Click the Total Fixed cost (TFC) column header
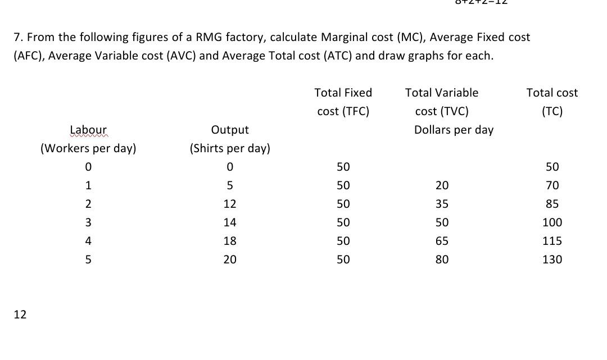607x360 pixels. tap(343, 102)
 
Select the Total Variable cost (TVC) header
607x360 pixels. tap(442, 102)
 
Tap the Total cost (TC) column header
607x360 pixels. tap(552, 102)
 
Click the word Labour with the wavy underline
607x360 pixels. tap(88, 130)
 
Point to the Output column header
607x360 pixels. tap(230, 130)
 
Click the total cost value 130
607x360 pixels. tap(552, 259)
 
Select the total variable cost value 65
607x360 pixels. tap(442, 241)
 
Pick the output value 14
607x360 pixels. tap(230, 222)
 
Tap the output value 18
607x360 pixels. tap(230, 241)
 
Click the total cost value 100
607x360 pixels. tap(552, 222)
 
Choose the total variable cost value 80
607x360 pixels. tap(442, 259)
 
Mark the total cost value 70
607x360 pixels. tap(552, 185)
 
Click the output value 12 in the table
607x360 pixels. tap(230, 204)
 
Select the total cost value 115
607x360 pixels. tap(552, 241)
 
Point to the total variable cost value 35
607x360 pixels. tap(442, 204)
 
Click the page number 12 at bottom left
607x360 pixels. tap(20, 315)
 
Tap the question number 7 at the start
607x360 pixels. tap(17, 38)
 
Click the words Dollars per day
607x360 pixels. tap(454, 130)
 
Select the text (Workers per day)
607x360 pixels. tap(88, 148)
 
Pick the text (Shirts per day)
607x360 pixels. tap(230, 148)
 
